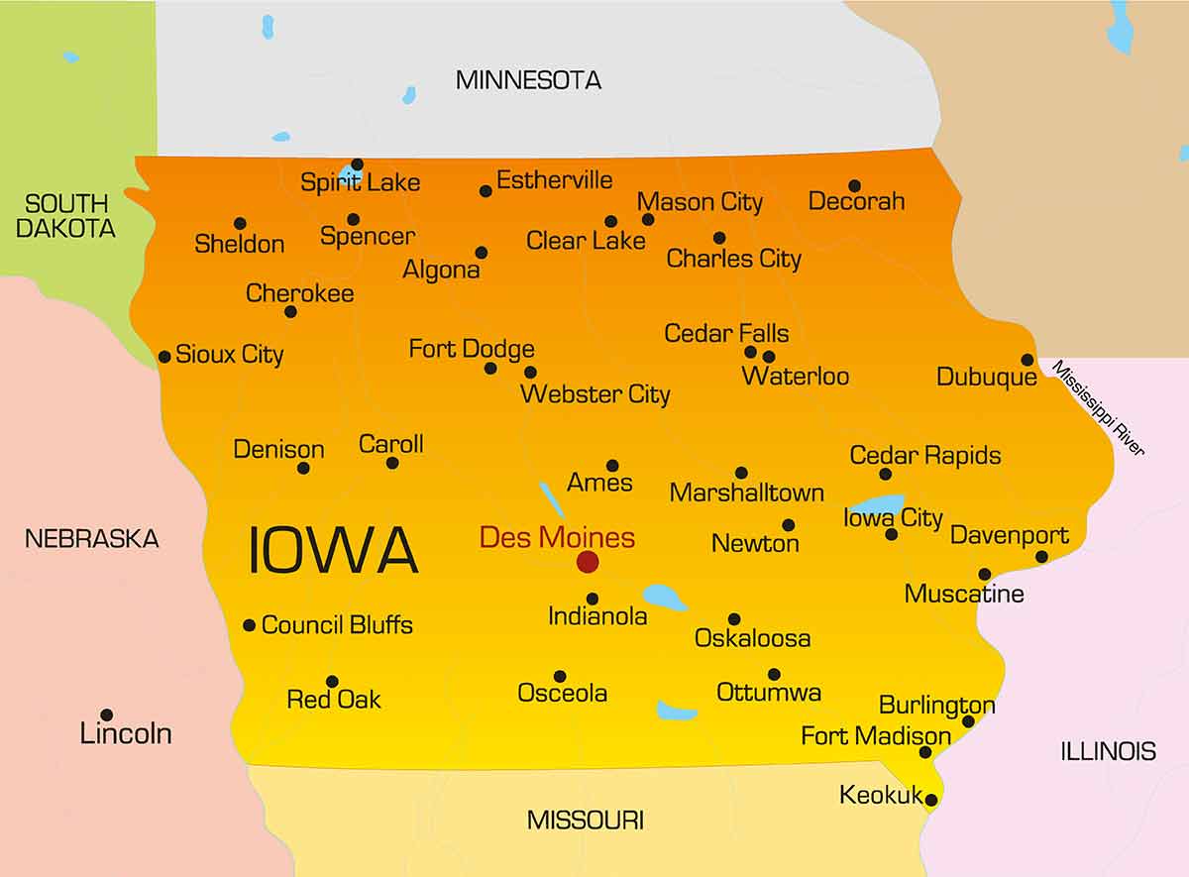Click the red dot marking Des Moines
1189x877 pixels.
click(588, 562)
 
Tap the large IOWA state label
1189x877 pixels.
click(332, 551)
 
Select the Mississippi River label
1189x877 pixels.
click(1098, 407)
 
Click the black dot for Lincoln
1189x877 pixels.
click(106, 714)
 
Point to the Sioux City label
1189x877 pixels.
click(229, 355)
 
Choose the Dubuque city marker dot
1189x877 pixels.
click(1027, 360)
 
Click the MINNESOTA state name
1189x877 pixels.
click(528, 80)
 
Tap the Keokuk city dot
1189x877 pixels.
click(930, 800)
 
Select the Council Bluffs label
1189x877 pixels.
click(337, 625)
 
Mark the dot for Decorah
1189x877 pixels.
click(854, 185)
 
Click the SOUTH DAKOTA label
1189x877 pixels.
click(66, 216)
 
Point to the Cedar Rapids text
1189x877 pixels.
click(925, 456)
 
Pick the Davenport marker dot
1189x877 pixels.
click(1041, 557)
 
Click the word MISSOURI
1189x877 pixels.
click(585, 821)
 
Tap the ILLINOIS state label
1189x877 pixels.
click(1108, 751)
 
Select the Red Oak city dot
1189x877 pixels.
click(332, 682)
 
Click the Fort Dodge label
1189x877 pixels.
click(472, 349)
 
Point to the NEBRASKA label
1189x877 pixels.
click(91, 539)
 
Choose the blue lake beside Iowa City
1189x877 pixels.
click(876, 507)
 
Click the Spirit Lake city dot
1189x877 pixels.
click(357, 164)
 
